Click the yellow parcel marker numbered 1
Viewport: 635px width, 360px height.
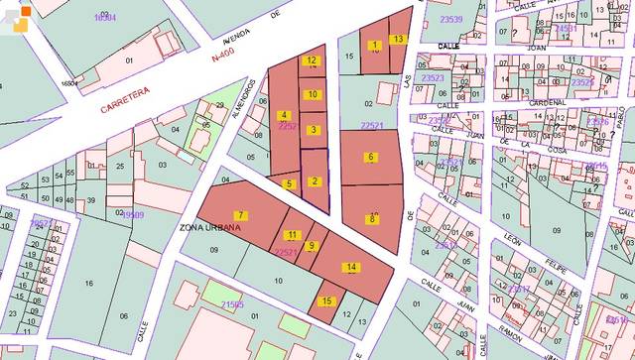(x=374, y=46)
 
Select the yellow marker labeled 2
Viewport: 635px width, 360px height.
(x=315, y=180)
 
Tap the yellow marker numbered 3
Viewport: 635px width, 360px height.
(x=313, y=130)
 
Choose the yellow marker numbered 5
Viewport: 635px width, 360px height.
(x=288, y=183)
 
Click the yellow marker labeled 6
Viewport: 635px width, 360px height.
(x=370, y=157)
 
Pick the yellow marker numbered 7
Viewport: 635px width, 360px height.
(x=240, y=215)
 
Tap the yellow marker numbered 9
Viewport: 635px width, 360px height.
(x=312, y=246)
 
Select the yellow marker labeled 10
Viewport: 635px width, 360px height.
(x=313, y=94)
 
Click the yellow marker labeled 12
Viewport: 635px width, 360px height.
(x=312, y=60)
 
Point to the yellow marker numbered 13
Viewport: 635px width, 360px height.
(x=398, y=39)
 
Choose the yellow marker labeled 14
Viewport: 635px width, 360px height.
(x=352, y=267)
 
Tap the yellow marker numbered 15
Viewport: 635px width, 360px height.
(x=327, y=300)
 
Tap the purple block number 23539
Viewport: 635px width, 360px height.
(x=452, y=19)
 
